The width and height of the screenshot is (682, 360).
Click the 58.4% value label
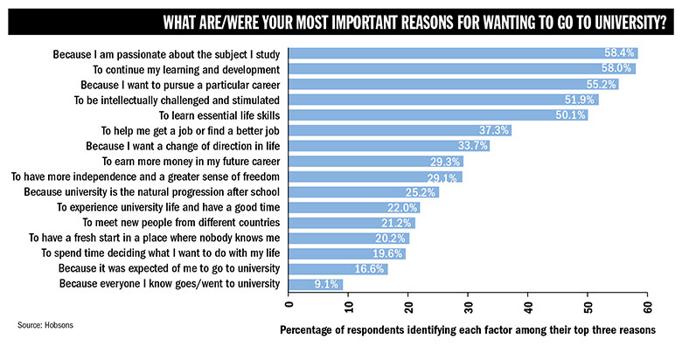point(621,53)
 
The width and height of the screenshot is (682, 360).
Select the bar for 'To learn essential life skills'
point(437,115)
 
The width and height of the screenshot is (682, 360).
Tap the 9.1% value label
point(328,284)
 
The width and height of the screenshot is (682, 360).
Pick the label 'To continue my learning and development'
point(186,69)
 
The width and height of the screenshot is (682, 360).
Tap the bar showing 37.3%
point(400,130)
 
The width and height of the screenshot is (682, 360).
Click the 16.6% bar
point(338,269)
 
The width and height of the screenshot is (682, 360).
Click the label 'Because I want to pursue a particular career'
point(179,85)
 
